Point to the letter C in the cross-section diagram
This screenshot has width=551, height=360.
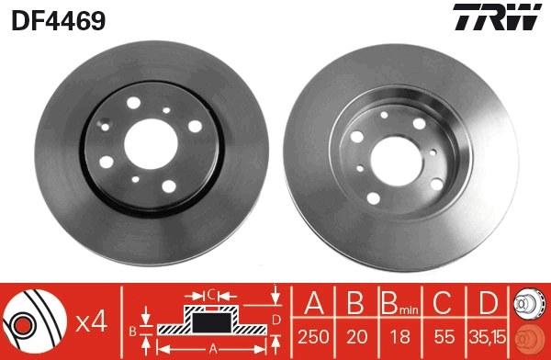pyautogui.click(x=210, y=295)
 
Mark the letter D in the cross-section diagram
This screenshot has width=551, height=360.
pyautogui.click(x=276, y=319)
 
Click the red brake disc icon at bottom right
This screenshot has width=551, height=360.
pyautogui.click(x=532, y=338)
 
